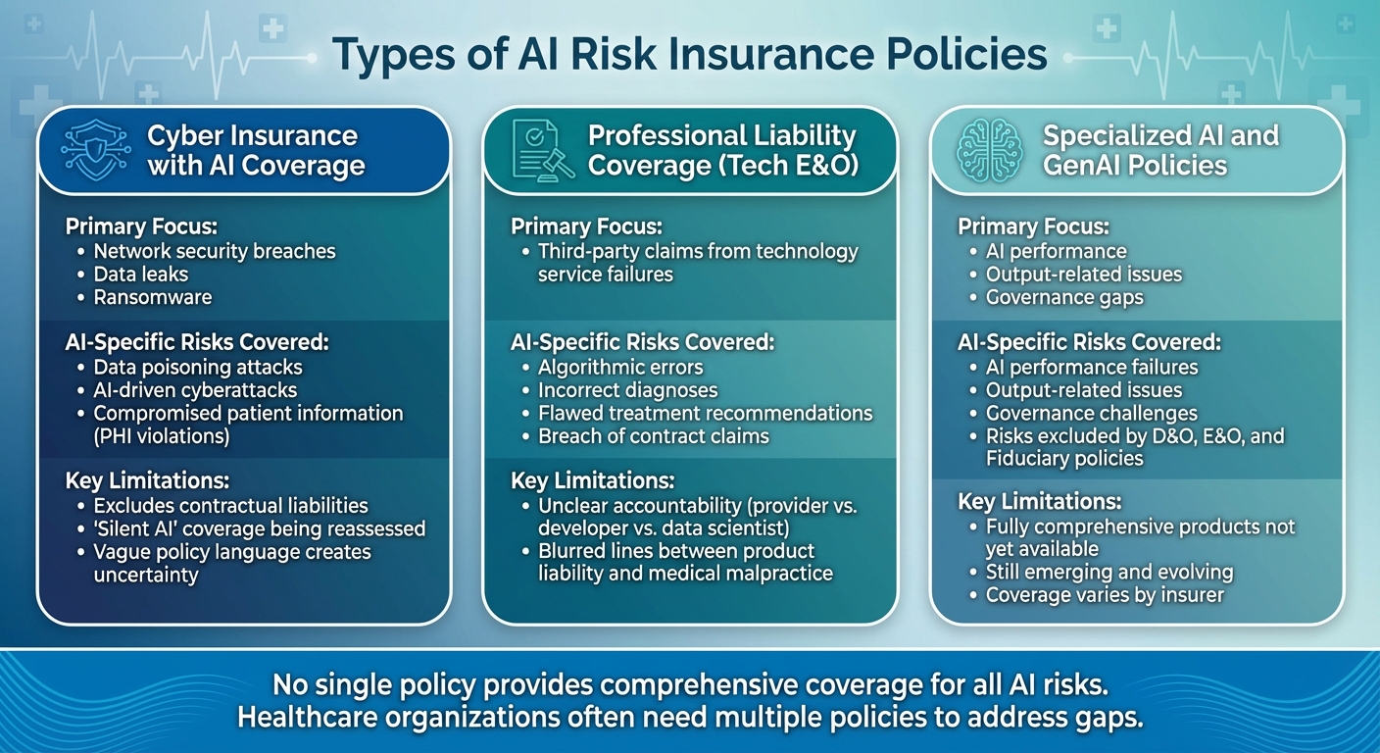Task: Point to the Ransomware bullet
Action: coord(152,297)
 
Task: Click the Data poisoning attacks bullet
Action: coord(197,368)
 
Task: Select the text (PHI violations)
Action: coord(161,436)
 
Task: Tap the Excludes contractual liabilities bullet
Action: coord(230,506)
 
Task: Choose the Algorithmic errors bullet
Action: coord(619,368)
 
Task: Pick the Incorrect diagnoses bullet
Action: coord(627,390)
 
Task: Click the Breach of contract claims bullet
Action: coord(653,436)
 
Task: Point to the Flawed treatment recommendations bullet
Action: coord(705,413)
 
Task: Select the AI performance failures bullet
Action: coord(1091,368)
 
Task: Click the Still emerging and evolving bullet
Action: coord(1109,572)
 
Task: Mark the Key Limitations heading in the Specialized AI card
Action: coord(1038,501)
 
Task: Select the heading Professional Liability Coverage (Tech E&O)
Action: coord(722,150)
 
